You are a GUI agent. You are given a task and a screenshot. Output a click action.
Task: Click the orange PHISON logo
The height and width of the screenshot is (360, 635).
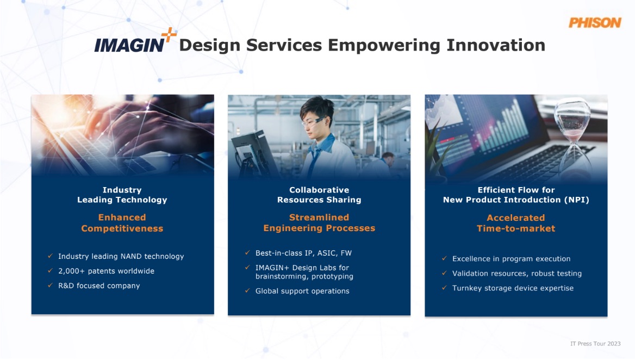tap(595, 23)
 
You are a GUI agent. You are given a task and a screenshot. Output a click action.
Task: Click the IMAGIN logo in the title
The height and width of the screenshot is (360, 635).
tap(129, 45)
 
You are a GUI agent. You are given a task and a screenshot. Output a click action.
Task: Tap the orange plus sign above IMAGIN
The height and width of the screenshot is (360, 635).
tap(169, 34)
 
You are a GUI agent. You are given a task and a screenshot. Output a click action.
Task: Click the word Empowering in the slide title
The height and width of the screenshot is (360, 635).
tap(384, 45)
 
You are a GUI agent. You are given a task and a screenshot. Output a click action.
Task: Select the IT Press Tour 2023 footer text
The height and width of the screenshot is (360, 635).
tap(595, 344)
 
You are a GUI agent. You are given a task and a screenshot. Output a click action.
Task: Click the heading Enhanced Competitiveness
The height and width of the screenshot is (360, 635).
tap(122, 223)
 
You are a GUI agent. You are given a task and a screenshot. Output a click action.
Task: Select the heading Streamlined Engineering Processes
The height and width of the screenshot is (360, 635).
tap(319, 223)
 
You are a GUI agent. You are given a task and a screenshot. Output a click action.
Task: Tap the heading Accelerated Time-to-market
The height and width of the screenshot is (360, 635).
tap(516, 223)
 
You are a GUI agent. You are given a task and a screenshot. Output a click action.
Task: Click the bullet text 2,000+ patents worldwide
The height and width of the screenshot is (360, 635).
tap(106, 271)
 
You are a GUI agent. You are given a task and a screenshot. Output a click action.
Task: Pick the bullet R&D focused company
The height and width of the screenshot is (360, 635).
tap(99, 285)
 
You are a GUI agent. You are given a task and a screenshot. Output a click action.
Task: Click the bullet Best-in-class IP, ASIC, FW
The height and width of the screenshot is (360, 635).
tap(303, 253)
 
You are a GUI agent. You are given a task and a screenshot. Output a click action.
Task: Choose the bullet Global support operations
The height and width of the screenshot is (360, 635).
tap(302, 291)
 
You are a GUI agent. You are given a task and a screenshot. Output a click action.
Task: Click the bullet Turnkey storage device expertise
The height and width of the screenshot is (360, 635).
tap(513, 288)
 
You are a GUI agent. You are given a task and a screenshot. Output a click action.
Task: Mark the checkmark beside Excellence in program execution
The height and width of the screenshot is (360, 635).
tap(444, 258)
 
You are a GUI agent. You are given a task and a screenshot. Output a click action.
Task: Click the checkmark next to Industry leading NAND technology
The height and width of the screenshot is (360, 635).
tap(50, 256)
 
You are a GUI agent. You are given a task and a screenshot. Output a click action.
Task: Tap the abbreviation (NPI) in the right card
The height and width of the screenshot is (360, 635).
tap(576, 200)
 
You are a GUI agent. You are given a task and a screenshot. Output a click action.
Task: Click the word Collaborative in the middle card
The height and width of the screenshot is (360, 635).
tap(319, 190)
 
